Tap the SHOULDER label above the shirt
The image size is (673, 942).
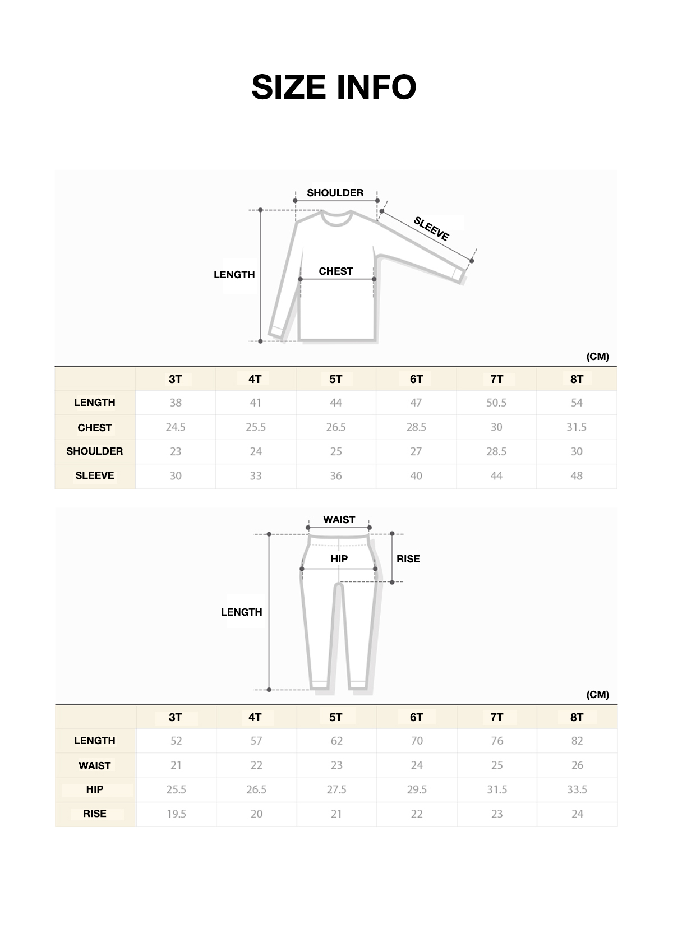[x=335, y=193]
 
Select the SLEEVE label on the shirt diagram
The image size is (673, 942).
[x=431, y=229]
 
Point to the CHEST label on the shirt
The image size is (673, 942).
[x=336, y=271]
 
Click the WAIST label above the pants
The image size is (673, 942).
[x=339, y=520]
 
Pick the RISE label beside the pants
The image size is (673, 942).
[x=408, y=559]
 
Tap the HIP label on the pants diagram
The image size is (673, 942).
[x=339, y=559]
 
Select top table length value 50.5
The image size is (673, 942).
[x=496, y=403]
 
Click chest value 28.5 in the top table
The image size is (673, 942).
[x=416, y=427]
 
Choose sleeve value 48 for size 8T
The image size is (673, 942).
[x=577, y=476]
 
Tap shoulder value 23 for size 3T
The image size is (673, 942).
[x=176, y=451]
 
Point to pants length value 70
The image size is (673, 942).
[x=417, y=741]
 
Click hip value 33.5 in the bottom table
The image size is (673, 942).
[x=577, y=789]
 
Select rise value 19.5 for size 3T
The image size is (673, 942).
[x=176, y=814]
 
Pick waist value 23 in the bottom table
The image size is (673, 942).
[x=336, y=765]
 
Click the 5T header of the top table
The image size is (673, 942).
[x=335, y=380]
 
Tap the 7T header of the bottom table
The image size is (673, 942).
[x=497, y=718]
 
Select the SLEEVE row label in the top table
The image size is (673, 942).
[x=95, y=476]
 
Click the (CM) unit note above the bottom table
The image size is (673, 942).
[x=597, y=695]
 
